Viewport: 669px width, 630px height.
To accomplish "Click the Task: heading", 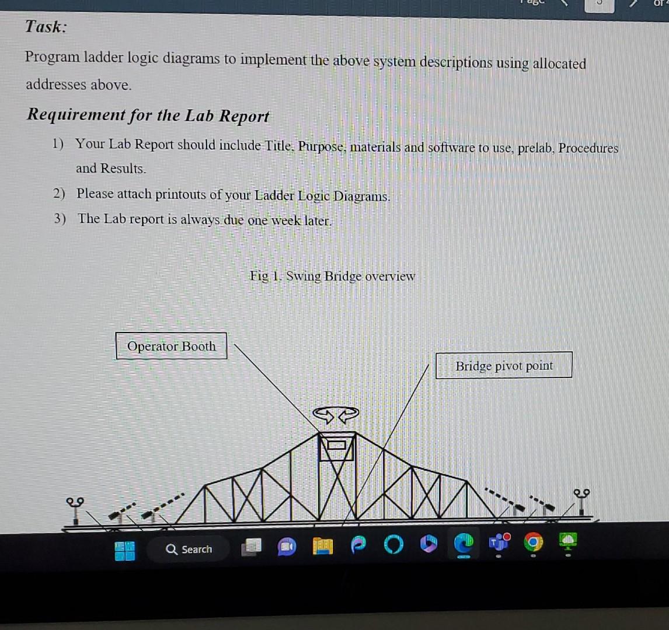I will (46, 27).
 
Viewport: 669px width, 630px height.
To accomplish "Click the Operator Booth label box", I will (171, 346).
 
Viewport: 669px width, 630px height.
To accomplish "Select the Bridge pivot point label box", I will (504, 365).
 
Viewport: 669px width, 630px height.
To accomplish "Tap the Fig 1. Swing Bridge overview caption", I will (332, 276).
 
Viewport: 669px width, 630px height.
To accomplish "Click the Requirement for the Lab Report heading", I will (148, 115).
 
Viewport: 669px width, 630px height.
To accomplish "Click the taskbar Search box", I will (189, 549).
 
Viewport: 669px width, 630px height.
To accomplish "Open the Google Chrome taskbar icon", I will (532, 544).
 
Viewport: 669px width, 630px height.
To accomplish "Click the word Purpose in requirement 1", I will (323, 146).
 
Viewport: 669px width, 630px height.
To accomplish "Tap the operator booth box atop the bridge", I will (336, 447).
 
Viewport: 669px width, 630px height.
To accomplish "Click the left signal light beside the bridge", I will (76, 508).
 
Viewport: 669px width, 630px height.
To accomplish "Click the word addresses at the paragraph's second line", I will (50, 85).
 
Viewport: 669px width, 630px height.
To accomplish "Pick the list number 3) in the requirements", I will (60, 219).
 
